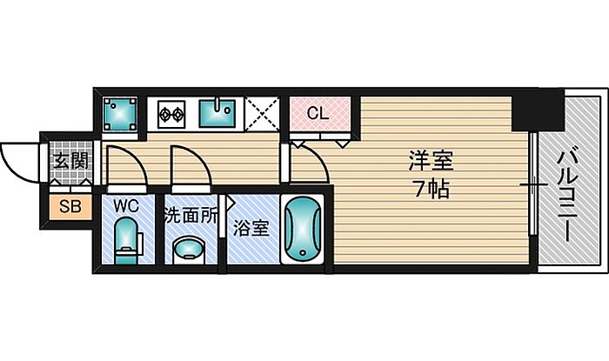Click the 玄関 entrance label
(69, 161)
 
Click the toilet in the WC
(128, 241)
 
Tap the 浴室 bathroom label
(251, 231)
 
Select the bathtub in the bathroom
(303, 231)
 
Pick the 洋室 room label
(432, 161)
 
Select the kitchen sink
(218, 113)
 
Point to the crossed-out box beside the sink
(263, 113)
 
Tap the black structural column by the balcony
(537, 110)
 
